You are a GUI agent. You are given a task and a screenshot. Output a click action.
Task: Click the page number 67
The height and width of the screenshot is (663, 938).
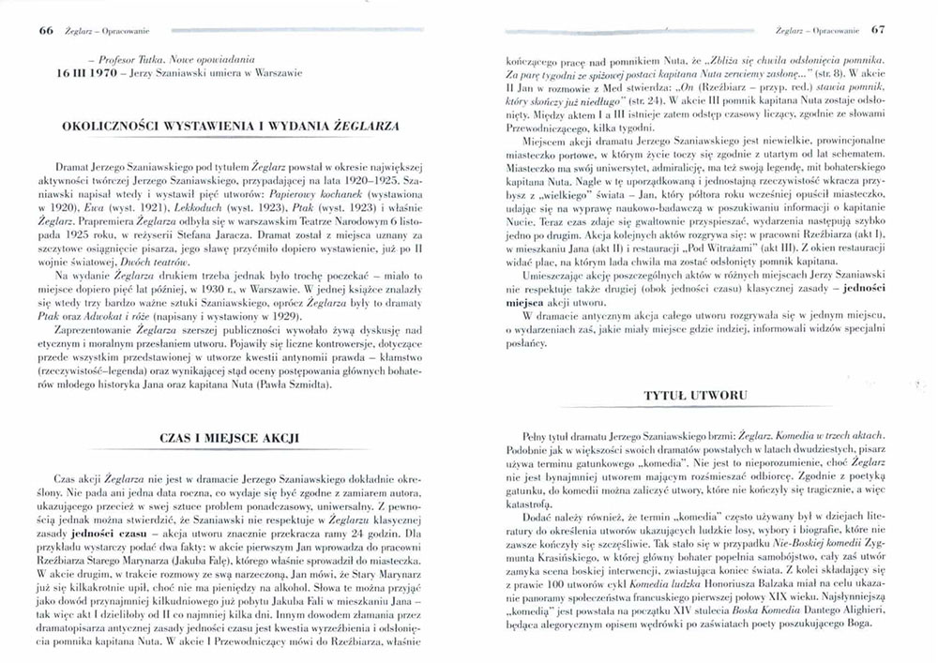(x=878, y=29)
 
